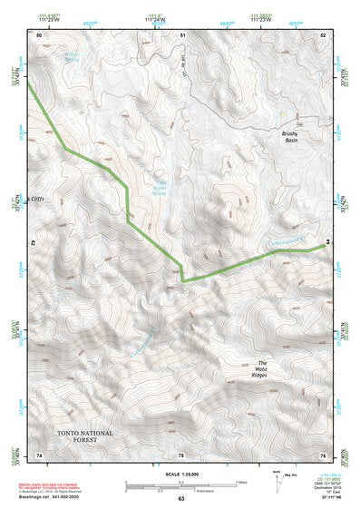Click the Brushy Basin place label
tap(290, 137)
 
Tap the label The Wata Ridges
tap(243, 370)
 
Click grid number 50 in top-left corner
tap(39, 34)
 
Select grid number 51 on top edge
tap(181, 34)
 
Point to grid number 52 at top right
tap(323, 34)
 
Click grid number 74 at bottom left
tap(39, 455)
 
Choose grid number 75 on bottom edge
tap(181, 455)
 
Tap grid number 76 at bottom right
tap(323, 455)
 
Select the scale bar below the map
tap(180, 487)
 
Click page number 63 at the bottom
tap(180, 499)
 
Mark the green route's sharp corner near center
tap(181, 280)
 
